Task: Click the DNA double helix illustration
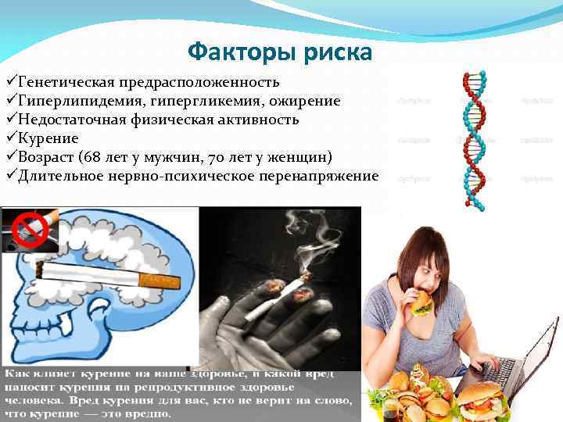click(474, 141)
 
